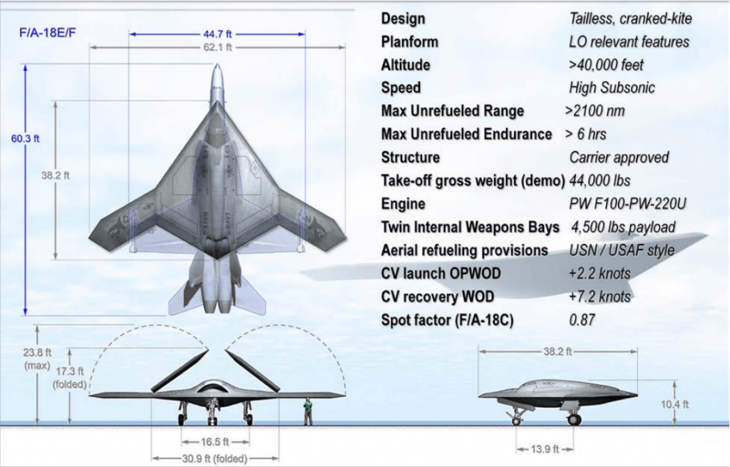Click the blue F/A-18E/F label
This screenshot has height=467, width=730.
tap(47, 33)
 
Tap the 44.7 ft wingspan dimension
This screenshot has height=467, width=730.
tap(217, 34)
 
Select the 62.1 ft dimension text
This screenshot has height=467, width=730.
tap(217, 47)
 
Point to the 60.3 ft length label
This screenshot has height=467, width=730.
tap(25, 138)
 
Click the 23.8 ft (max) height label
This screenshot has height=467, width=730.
tap(37, 359)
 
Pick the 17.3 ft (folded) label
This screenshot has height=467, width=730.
tap(70, 378)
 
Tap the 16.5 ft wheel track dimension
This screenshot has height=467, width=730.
tap(215, 442)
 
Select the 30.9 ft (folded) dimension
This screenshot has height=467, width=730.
tap(215, 458)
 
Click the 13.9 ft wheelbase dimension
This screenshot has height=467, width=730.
tap(545, 449)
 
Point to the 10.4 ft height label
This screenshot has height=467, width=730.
tap(674, 404)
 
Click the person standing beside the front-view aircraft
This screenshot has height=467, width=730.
tap(308, 411)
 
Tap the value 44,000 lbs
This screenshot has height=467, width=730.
tap(600, 180)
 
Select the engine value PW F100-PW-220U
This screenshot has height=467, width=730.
tap(627, 204)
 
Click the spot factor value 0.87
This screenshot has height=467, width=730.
tap(582, 320)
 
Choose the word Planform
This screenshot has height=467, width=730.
tap(410, 42)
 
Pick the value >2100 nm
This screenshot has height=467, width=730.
tap(595, 111)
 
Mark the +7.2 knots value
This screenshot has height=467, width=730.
tap(600, 297)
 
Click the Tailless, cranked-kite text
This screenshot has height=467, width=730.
tap(630, 19)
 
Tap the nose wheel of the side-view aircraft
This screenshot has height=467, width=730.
tap(516, 421)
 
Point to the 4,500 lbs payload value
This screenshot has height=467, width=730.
tap(623, 227)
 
